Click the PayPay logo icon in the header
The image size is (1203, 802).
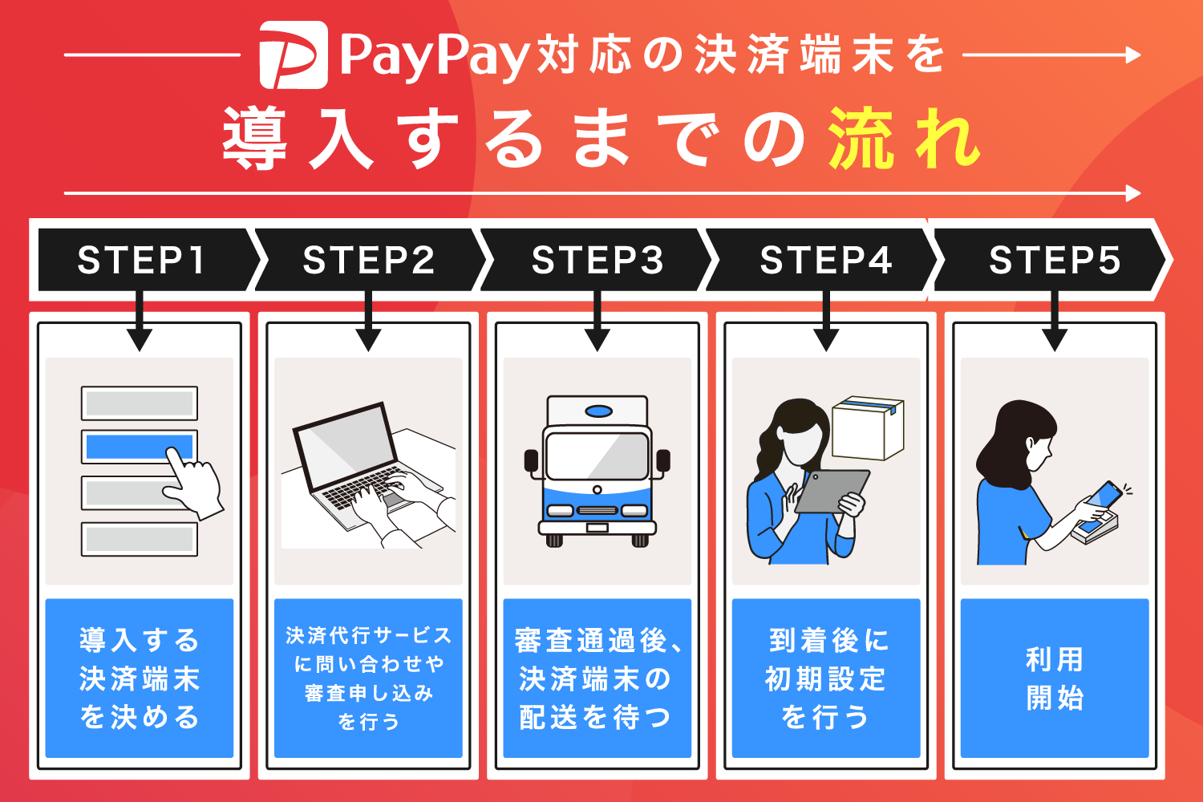click(294, 55)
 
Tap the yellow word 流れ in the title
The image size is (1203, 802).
click(904, 140)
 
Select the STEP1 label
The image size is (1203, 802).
click(141, 260)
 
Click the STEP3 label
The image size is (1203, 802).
click(597, 260)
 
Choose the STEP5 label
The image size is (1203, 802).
click(1055, 260)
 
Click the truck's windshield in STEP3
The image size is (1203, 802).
click(597, 456)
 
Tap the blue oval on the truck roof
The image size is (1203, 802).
click(598, 411)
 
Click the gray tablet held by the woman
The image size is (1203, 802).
click(832, 492)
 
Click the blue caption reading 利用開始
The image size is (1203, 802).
click(1055, 678)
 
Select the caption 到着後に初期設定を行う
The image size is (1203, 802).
click(826, 678)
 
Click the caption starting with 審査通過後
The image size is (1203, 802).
click(597, 678)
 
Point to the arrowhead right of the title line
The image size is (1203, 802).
click(1132, 55)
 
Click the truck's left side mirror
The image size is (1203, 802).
click(531, 460)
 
